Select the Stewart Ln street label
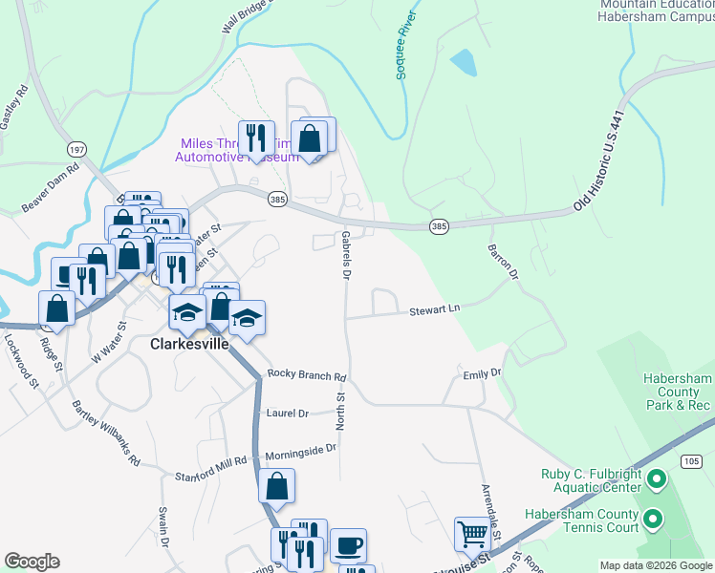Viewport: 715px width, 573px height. [x=435, y=309]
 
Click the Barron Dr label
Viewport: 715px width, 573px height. [x=502, y=260]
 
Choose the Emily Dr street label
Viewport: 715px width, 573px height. [x=482, y=373]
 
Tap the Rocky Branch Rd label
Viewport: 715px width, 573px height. [x=305, y=374]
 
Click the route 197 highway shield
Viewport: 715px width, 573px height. [x=77, y=150]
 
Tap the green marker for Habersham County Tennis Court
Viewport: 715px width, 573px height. [x=653, y=520]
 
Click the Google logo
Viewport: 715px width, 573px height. [x=32, y=562]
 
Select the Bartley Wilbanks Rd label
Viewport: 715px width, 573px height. [x=106, y=433]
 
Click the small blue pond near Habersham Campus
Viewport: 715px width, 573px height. [x=463, y=63]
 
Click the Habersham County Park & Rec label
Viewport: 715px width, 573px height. [x=677, y=392]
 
